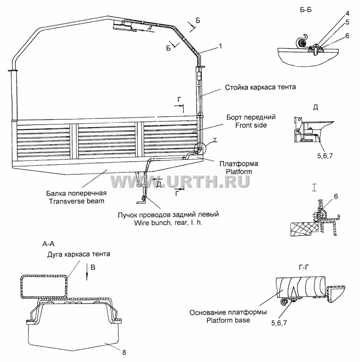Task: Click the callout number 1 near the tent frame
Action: [x=220, y=46]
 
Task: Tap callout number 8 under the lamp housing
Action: [x=124, y=352]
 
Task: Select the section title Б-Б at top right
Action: [x=306, y=10]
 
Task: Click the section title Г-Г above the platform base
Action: [x=304, y=267]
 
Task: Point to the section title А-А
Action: [x=49, y=244]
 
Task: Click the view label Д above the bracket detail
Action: [x=315, y=107]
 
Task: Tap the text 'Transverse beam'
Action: [x=76, y=201]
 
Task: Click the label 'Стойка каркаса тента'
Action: [x=260, y=87]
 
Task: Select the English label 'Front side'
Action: [x=251, y=125]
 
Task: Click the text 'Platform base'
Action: [x=228, y=321]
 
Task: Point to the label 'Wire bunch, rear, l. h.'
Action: [x=168, y=223]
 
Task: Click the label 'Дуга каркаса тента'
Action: [x=79, y=254]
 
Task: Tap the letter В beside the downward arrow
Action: [x=93, y=267]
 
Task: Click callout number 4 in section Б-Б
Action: [x=347, y=13]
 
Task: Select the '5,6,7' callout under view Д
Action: [x=325, y=156]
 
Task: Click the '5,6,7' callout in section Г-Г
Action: [x=279, y=323]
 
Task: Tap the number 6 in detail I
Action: [x=336, y=196]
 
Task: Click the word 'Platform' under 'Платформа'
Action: [x=239, y=172]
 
